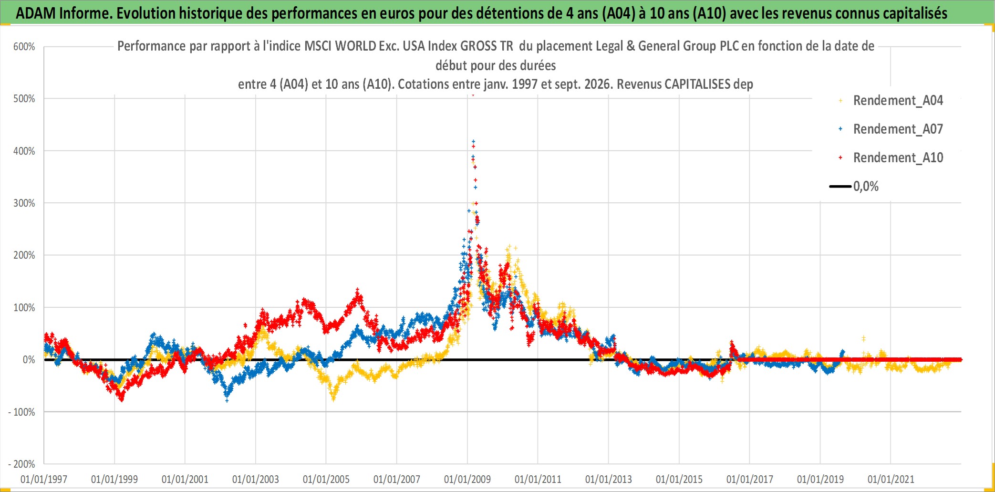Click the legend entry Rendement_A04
(x=898, y=101)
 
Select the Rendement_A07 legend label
(x=898, y=129)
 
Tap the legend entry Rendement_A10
(x=898, y=158)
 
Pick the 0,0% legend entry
(x=866, y=187)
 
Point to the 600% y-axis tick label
(x=24, y=47)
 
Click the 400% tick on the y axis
(x=24, y=151)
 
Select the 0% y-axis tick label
(x=29, y=360)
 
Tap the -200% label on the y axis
(x=22, y=464)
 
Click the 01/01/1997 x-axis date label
(x=44, y=479)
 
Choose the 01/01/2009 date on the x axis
(x=467, y=479)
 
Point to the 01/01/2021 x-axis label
(x=891, y=479)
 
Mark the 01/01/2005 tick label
(x=326, y=479)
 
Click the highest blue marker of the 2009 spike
(x=473, y=141)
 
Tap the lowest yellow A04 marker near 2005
(x=333, y=399)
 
